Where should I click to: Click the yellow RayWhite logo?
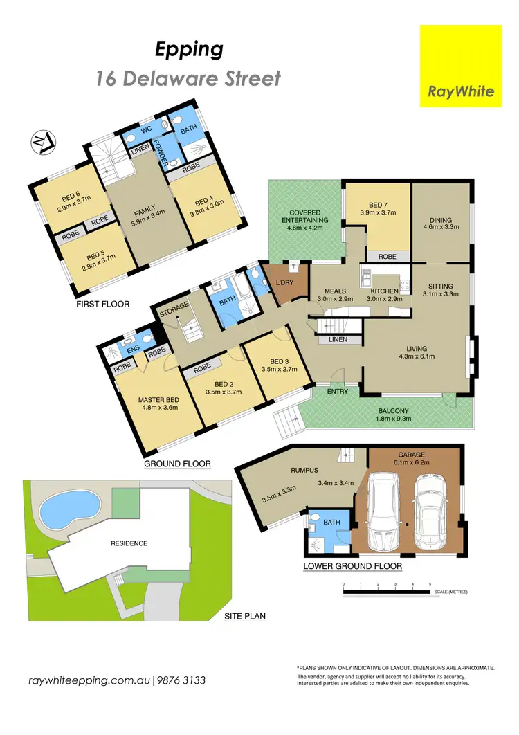[461, 66]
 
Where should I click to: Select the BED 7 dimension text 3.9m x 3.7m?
[377, 213]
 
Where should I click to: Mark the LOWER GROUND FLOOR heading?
[353, 566]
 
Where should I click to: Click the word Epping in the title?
[188, 50]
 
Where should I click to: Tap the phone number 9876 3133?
[181, 680]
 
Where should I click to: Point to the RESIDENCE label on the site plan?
[129, 543]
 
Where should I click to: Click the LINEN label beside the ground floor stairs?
[338, 340]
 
